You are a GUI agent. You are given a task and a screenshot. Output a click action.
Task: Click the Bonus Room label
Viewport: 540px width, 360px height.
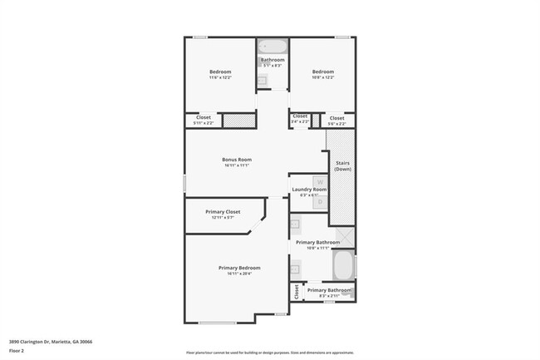pyautogui.click(x=237, y=160)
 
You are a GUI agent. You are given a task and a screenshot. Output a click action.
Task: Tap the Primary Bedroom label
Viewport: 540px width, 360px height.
pyautogui.click(x=239, y=268)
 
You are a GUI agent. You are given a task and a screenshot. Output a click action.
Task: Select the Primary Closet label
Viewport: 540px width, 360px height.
pyautogui.click(x=223, y=212)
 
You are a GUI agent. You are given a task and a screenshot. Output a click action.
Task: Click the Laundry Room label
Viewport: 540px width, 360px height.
pyautogui.click(x=309, y=190)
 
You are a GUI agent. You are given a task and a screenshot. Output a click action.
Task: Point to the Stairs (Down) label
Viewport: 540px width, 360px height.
pyautogui.click(x=342, y=165)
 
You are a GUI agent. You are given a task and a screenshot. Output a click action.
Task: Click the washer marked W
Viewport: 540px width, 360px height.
pyautogui.click(x=319, y=180)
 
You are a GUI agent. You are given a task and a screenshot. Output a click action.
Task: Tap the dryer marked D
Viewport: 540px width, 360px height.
pyautogui.click(x=319, y=201)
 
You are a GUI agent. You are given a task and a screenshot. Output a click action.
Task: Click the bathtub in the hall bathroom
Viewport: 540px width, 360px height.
pyautogui.click(x=272, y=47)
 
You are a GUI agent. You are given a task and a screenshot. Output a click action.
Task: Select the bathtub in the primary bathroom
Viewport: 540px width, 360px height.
pyautogui.click(x=342, y=266)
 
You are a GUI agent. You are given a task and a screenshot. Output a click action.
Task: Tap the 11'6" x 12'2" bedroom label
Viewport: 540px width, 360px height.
pyautogui.click(x=220, y=72)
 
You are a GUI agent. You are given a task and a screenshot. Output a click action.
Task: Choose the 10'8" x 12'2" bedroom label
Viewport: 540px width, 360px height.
pyautogui.click(x=322, y=72)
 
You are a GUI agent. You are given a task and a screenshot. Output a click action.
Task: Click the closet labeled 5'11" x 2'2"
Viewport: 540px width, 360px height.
pyautogui.click(x=204, y=118)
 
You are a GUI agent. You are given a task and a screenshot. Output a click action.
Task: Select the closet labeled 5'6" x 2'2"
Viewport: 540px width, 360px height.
pyautogui.click(x=336, y=119)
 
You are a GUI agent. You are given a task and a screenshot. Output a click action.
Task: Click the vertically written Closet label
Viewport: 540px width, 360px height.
pyautogui.click(x=295, y=291)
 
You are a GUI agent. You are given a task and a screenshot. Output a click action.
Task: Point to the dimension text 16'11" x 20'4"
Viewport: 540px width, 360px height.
pyautogui.click(x=239, y=274)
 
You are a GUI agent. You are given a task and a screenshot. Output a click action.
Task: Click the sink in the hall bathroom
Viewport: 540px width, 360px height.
pyautogui.click(x=262, y=80)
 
